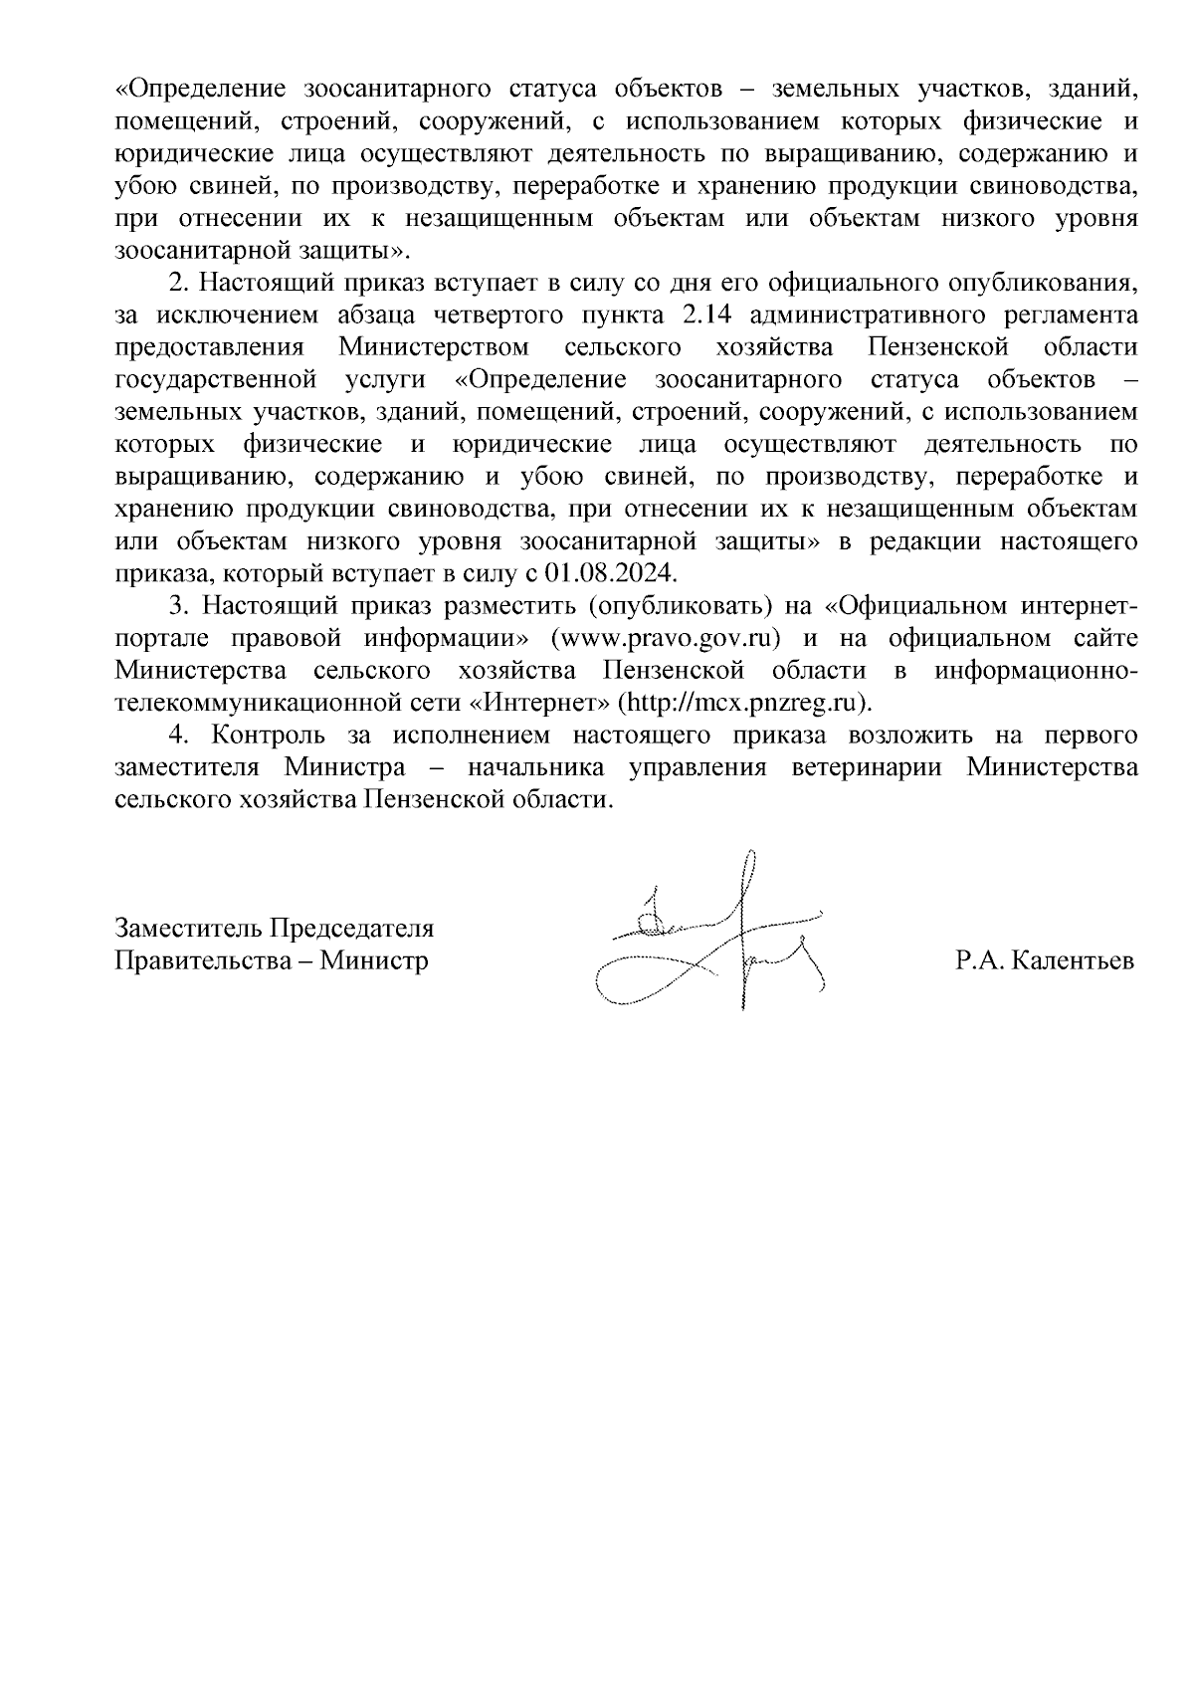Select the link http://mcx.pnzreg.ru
pyautogui.click(x=743, y=702)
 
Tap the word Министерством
pyautogui.click(x=434, y=347)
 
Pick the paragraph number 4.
pyautogui.click(x=176, y=736)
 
